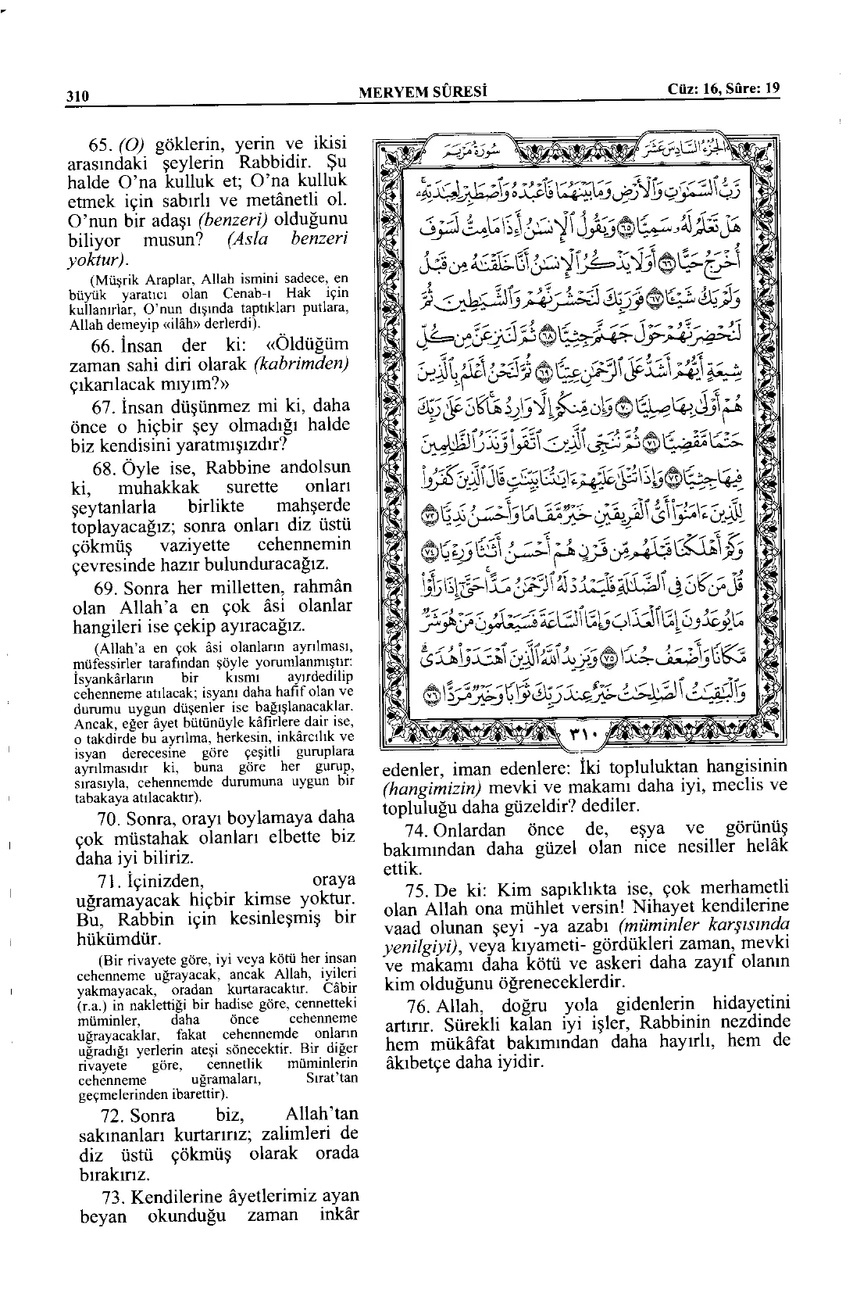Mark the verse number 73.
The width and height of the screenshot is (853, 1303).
[116, 1197]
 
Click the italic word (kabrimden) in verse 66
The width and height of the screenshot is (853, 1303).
[302, 365]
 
